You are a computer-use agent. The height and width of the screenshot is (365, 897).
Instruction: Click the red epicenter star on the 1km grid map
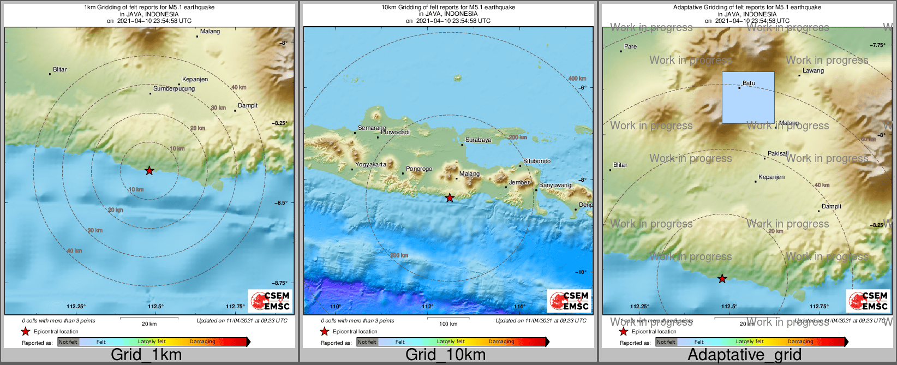click(x=149, y=171)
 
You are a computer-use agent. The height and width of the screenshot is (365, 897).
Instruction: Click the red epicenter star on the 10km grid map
click(x=450, y=198)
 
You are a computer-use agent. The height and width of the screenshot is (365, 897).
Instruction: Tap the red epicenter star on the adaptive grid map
click(x=722, y=279)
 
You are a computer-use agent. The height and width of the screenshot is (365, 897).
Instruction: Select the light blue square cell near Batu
click(x=748, y=98)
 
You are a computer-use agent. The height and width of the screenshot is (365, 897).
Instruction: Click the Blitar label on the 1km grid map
click(x=60, y=70)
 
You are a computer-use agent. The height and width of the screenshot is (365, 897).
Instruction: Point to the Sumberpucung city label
click(x=174, y=88)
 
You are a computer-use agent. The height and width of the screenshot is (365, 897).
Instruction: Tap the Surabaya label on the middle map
click(x=478, y=140)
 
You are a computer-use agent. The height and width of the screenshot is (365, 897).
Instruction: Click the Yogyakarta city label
click(x=370, y=164)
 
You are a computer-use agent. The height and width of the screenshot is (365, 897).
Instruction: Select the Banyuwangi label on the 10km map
click(x=555, y=186)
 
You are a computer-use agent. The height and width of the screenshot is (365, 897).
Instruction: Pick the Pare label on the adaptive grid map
click(x=630, y=47)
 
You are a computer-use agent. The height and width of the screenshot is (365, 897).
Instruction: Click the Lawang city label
click(x=813, y=71)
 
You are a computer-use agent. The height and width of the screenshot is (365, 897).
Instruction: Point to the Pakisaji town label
click(x=778, y=154)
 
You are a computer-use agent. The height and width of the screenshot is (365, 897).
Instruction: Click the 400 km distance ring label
click(x=577, y=79)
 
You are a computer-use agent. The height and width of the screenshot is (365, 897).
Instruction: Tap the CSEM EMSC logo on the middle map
click(x=569, y=301)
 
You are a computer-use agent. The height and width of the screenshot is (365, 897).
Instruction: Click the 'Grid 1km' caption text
click(x=146, y=355)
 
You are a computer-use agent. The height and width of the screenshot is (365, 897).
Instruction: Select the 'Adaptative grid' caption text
click(x=744, y=355)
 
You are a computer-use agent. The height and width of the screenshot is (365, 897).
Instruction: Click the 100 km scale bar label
click(x=448, y=324)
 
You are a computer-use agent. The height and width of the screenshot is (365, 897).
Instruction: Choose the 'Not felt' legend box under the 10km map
click(x=367, y=342)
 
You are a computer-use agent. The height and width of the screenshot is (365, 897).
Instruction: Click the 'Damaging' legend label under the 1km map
click(x=202, y=342)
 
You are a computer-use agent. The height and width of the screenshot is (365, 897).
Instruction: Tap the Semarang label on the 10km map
click(x=372, y=128)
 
